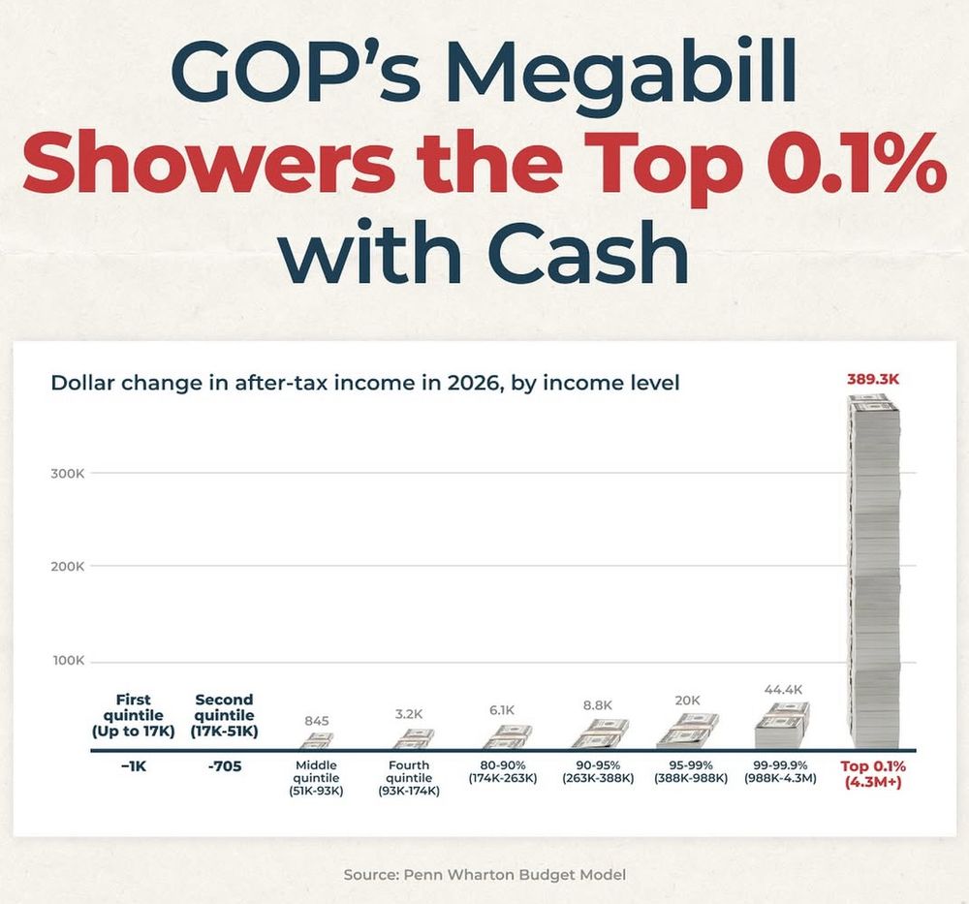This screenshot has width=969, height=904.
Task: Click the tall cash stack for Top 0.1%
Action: pos(874,572)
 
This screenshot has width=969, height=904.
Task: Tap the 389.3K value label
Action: pos(873,380)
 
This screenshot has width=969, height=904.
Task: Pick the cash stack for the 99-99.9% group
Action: pos(782,726)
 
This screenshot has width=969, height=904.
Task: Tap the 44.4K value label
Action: pos(783,690)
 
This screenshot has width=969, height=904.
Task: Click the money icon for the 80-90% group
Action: pos(506,737)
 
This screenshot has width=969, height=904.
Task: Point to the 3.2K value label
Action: pos(409,714)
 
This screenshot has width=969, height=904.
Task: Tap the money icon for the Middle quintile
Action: pos(316,741)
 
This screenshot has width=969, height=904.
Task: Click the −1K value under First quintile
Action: pos(133,766)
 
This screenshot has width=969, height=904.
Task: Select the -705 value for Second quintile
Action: pos(224,766)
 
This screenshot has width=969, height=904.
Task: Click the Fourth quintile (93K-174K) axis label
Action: pos(409,778)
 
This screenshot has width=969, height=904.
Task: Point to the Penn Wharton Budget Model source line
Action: pos(484,875)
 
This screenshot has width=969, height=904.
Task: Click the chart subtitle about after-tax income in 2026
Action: pos(364,383)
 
